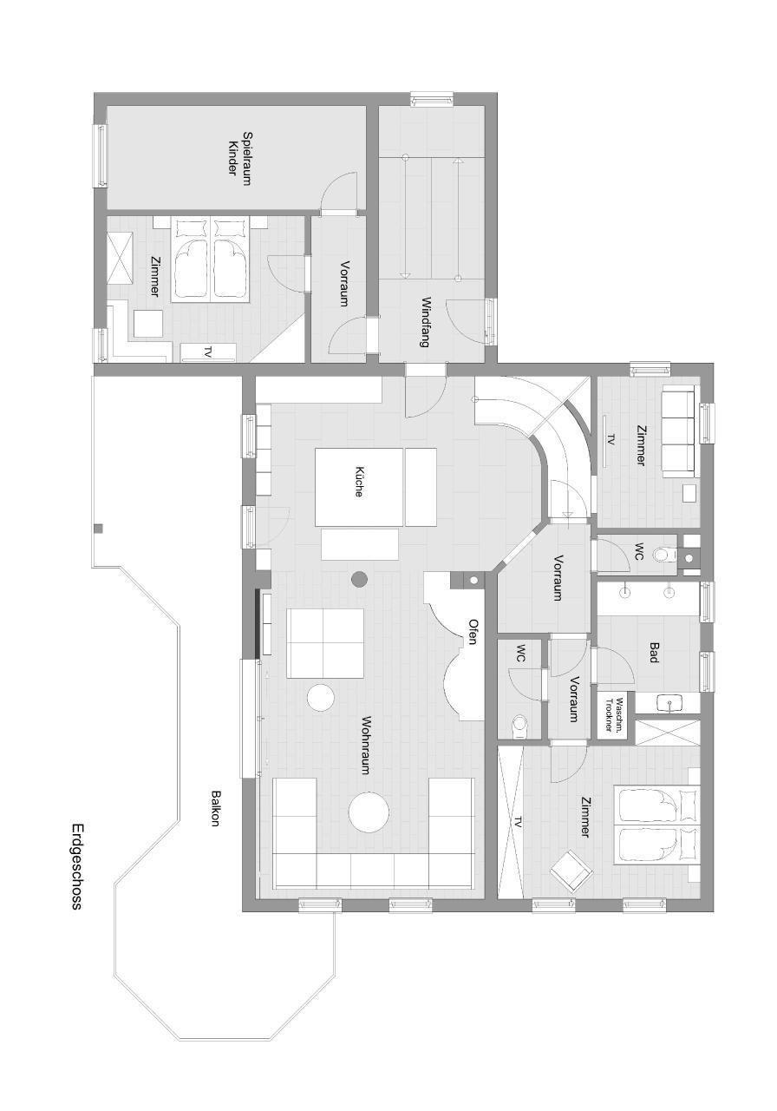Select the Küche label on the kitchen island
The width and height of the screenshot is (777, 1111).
(359, 482)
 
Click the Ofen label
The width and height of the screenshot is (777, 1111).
(473, 631)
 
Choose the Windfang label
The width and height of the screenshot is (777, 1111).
(424, 321)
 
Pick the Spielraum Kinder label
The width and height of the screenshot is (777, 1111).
(238, 158)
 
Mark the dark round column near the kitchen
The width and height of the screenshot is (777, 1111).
(359, 578)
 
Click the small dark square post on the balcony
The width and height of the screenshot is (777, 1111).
(99, 529)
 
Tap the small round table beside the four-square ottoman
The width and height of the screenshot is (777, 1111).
(321, 698)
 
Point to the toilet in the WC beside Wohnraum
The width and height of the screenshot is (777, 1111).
(519, 726)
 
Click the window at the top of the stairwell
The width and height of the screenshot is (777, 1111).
(432, 99)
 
